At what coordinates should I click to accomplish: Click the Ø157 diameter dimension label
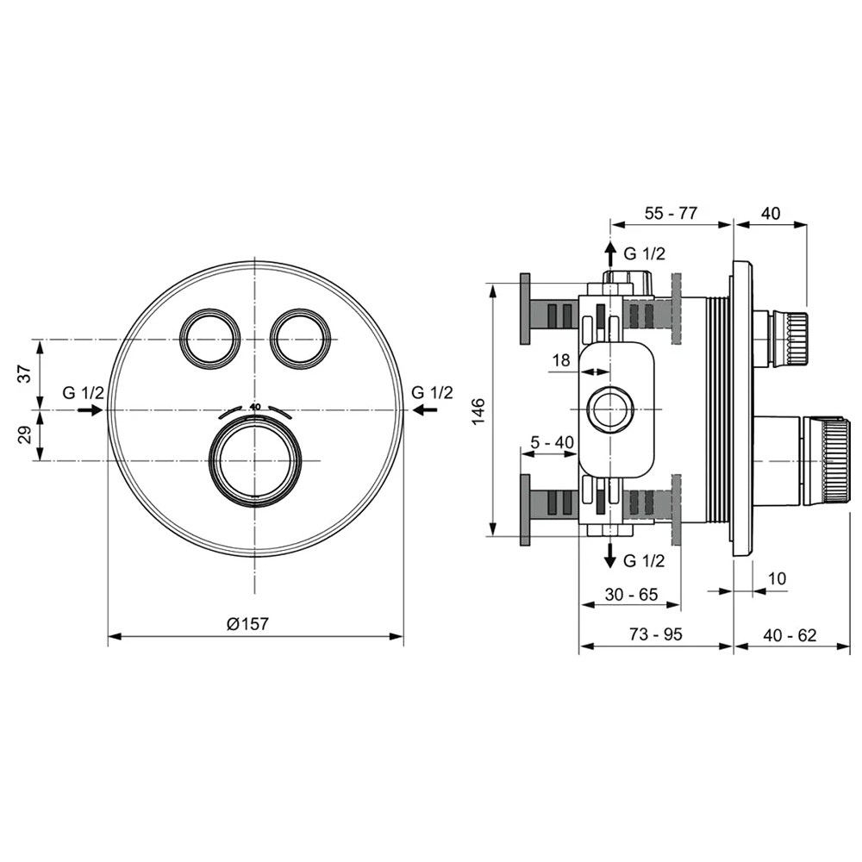click(x=248, y=623)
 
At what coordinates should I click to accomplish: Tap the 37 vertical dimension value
click(x=25, y=374)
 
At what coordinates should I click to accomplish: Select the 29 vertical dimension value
click(x=25, y=435)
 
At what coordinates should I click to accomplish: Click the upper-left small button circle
click(x=210, y=339)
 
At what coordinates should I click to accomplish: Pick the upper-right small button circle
click(x=301, y=339)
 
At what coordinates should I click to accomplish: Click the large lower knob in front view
click(x=255, y=460)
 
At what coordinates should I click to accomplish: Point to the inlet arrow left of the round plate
click(x=91, y=409)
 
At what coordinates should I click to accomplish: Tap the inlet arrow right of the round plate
click(x=424, y=409)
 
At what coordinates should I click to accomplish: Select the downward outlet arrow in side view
click(x=610, y=555)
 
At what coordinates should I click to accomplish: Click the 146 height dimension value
click(x=478, y=410)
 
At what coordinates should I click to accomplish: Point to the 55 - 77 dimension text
click(x=671, y=213)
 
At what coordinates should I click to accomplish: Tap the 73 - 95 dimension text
click(x=656, y=634)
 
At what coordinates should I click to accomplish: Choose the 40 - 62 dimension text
click(x=790, y=635)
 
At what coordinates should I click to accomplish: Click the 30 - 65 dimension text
click(x=631, y=594)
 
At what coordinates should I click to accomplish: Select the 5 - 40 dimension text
click(x=552, y=442)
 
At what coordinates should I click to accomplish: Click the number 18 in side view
click(x=561, y=360)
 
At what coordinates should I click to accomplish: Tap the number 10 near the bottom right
click(x=777, y=578)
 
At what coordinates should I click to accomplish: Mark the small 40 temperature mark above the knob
click(x=255, y=407)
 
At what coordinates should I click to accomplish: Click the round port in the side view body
click(x=610, y=409)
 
